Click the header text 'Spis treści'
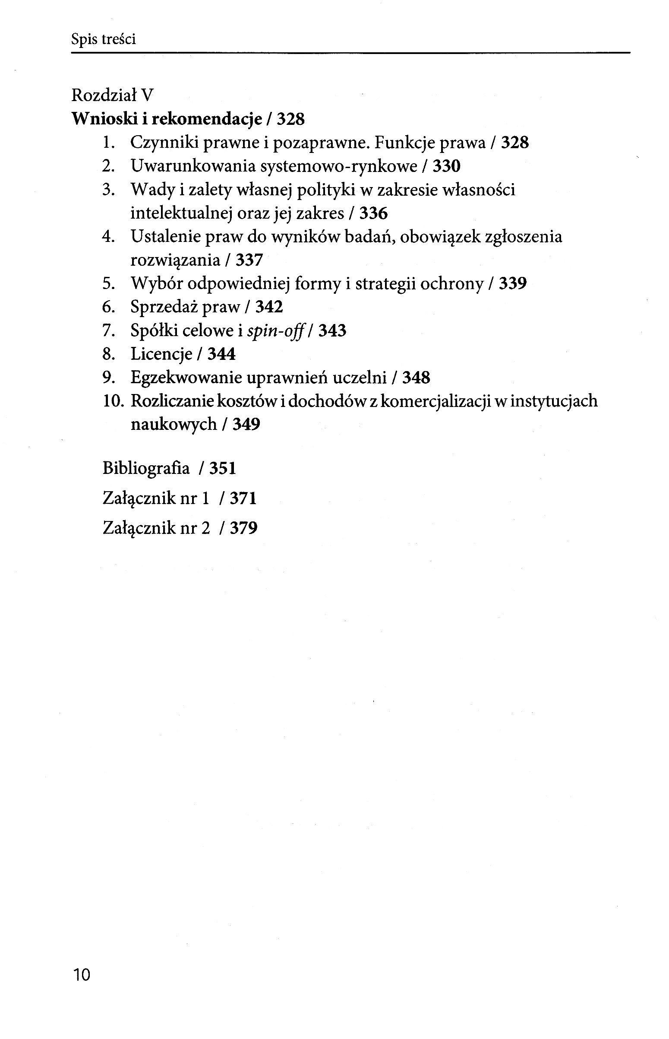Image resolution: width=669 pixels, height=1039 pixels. [x=104, y=40]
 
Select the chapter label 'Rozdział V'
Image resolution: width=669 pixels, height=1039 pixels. [x=113, y=95]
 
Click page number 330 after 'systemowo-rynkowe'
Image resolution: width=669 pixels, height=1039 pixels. [x=446, y=166]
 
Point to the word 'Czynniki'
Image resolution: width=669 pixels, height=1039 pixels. [x=164, y=143]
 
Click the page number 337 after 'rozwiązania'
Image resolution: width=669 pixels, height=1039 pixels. [x=249, y=260]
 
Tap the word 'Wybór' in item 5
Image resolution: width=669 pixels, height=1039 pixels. [x=155, y=283]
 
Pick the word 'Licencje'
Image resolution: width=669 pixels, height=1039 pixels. [x=161, y=354]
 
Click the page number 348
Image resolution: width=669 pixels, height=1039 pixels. [x=416, y=377]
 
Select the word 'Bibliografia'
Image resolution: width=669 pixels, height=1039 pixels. [x=146, y=468]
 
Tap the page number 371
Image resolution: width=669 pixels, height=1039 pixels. [x=243, y=498]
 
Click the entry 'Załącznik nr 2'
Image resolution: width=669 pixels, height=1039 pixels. [x=156, y=528]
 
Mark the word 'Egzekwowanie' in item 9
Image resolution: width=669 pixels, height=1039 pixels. [x=186, y=377]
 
